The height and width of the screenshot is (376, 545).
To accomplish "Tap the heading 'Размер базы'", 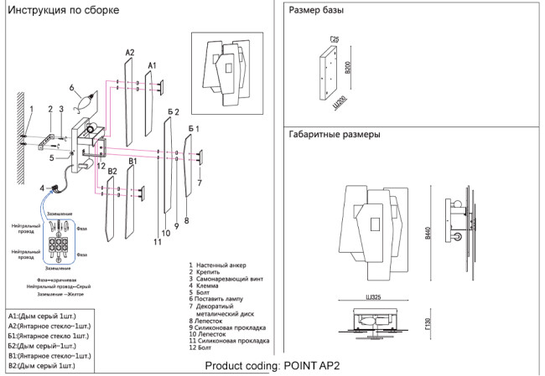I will pyautogui.click(x=315, y=12).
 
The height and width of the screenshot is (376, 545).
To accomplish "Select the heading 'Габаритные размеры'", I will pyautogui.click(x=335, y=134).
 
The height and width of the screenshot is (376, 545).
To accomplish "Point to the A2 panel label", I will pyautogui.click(x=129, y=53).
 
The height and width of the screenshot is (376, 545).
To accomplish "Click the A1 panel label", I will pyautogui.click(x=152, y=64).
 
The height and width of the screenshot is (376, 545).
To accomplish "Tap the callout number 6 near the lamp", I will pyautogui.click(x=72, y=88).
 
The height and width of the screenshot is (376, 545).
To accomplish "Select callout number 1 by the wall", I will pyautogui.click(x=31, y=108).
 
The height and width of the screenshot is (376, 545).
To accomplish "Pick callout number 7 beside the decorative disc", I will pyautogui.click(x=200, y=182).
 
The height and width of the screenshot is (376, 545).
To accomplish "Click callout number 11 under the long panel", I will pyautogui.click(x=157, y=242).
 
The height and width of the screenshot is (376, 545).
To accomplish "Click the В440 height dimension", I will pyautogui.click(x=428, y=235).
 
